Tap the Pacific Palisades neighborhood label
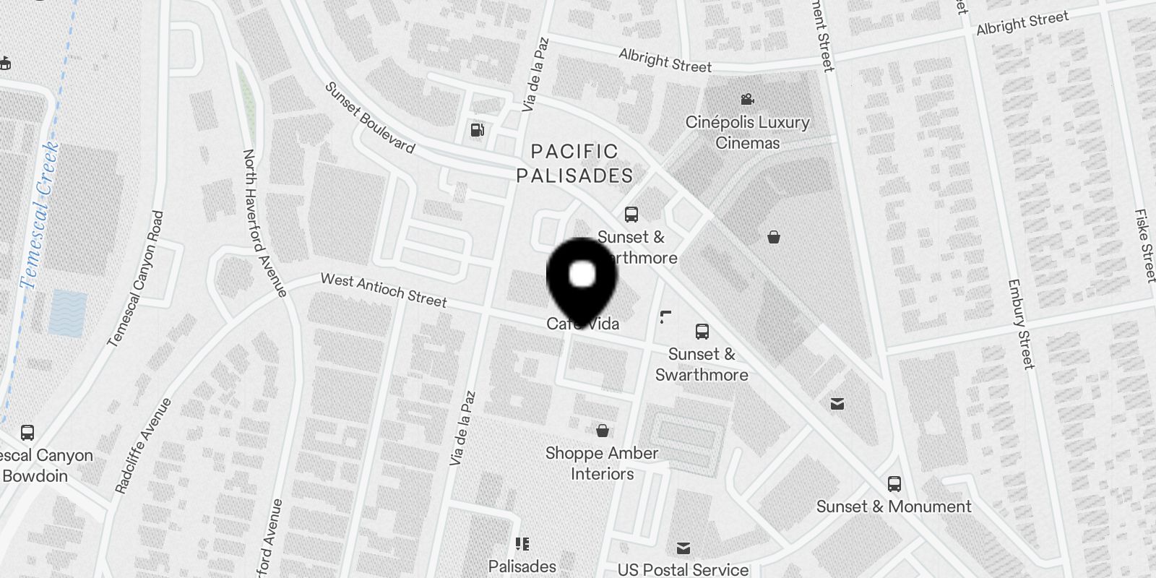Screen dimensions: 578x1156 574,163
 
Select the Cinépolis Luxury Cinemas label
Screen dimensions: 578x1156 747,132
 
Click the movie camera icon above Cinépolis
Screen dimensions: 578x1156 747,99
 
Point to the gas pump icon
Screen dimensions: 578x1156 477,130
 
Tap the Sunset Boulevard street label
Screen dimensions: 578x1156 369,118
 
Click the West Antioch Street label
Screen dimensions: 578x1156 384,289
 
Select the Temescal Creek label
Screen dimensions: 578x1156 40,215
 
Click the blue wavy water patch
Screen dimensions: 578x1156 68,313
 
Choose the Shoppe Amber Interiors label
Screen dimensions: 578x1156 602,463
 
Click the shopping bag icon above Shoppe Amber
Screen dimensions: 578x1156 602,431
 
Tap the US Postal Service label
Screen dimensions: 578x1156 683,569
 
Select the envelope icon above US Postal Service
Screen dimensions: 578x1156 683,548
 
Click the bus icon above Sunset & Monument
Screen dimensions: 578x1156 894,484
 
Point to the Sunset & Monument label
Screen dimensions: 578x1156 894,506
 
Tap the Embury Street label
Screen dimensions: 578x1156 1020,324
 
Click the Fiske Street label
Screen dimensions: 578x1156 1144,246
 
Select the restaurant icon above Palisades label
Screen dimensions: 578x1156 522,544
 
